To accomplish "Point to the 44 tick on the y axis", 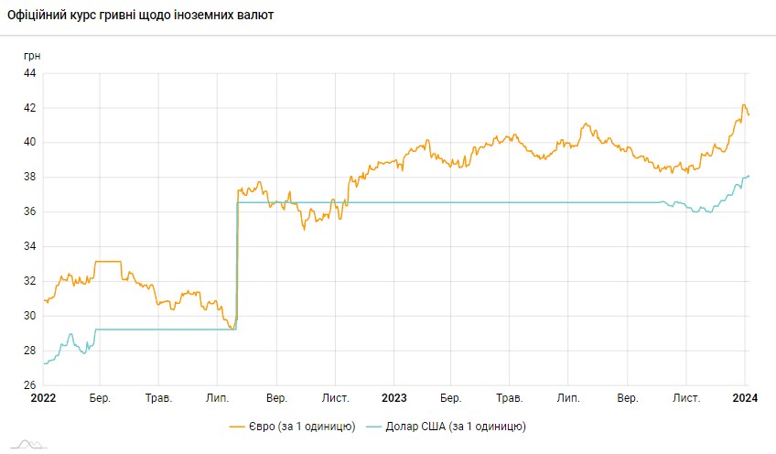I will coord(28,73).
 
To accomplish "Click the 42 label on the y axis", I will coord(28,108).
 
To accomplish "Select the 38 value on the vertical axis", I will coord(28,178).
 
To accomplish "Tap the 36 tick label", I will coord(28,212).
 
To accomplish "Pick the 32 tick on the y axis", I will coord(28,281).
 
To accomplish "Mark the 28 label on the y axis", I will coord(28,351).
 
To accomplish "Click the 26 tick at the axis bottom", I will coord(28,385).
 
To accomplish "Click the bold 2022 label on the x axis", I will coord(43,398).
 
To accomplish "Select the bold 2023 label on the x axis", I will coord(393,398).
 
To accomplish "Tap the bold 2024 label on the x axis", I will coord(745,398).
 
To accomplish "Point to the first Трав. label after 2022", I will coord(159,398).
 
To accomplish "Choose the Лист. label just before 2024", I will coord(686,398).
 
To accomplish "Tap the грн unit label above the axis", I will coord(32,55).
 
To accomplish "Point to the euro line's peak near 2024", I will coord(743,105).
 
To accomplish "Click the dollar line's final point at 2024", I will coord(749,176).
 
